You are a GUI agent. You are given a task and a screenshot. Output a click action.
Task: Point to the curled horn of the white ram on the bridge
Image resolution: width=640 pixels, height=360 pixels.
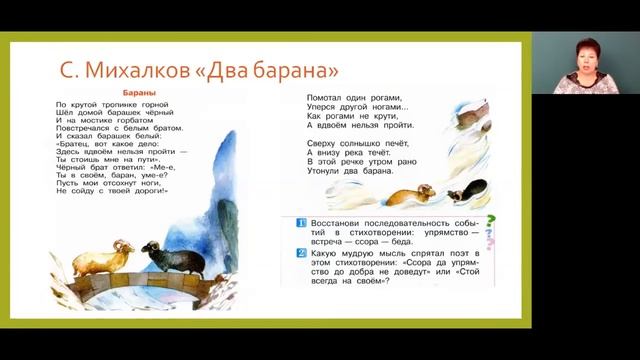(120, 246)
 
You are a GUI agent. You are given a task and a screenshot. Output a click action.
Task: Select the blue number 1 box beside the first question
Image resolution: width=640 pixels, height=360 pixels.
(288, 222)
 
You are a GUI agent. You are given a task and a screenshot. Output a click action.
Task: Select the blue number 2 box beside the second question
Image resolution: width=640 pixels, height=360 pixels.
(288, 254)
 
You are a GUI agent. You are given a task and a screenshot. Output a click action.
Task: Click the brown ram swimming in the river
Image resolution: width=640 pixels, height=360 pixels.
(411, 195)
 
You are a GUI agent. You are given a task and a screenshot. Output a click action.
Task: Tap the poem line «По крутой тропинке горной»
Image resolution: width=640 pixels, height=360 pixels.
(97, 104)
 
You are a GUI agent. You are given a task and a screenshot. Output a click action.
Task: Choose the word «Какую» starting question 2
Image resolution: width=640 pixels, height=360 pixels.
(315, 253)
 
